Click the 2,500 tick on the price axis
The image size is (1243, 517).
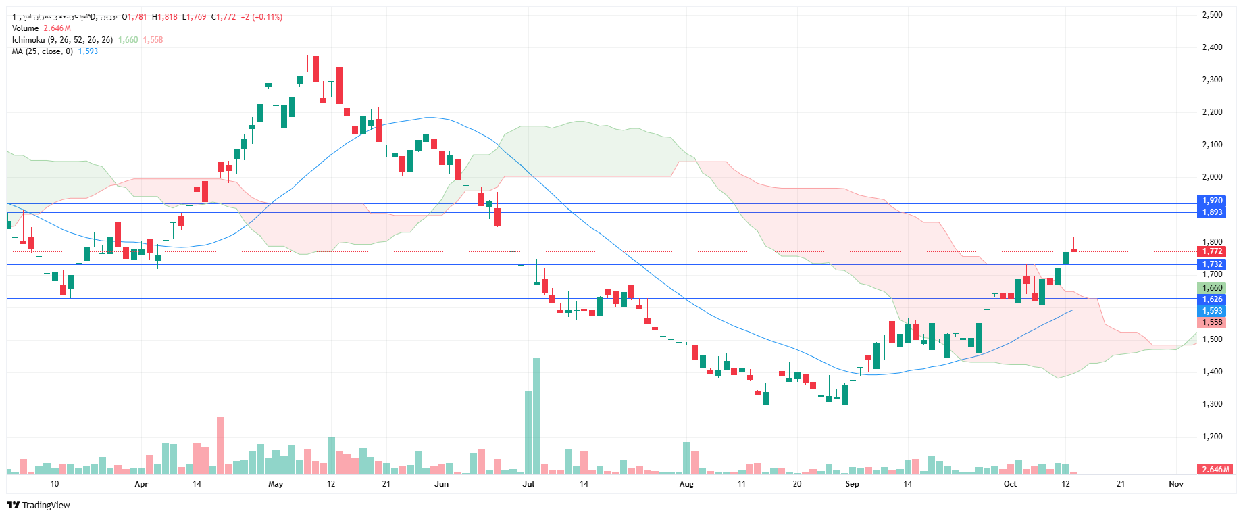click(1212, 15)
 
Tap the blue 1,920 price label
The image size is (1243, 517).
click(1212, 201)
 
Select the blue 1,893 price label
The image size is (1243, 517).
click(1212, 212)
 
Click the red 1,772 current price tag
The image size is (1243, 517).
click(1212, 251)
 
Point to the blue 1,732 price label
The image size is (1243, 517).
click(1212, 264)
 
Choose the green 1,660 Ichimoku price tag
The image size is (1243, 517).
click(1212, 288)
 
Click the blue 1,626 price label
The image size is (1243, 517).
click(1212, 299)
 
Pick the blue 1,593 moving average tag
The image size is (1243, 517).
click(1212, 311)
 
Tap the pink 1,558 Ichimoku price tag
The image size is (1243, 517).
click(1212, 322)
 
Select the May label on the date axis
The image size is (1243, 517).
click(276, 484)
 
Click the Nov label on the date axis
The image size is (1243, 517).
click(1176, 484)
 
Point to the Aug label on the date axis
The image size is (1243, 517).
click(686, 484)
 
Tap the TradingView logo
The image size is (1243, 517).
click(39, 505)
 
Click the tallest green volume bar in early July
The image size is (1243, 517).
click(536, 416)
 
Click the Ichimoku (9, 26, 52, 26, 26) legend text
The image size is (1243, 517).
click(62, 40)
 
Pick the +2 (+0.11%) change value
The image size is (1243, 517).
click(261, 17)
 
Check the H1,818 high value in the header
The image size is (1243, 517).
click(165, 17)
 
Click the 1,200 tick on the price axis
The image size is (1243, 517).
click(1212, 437)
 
